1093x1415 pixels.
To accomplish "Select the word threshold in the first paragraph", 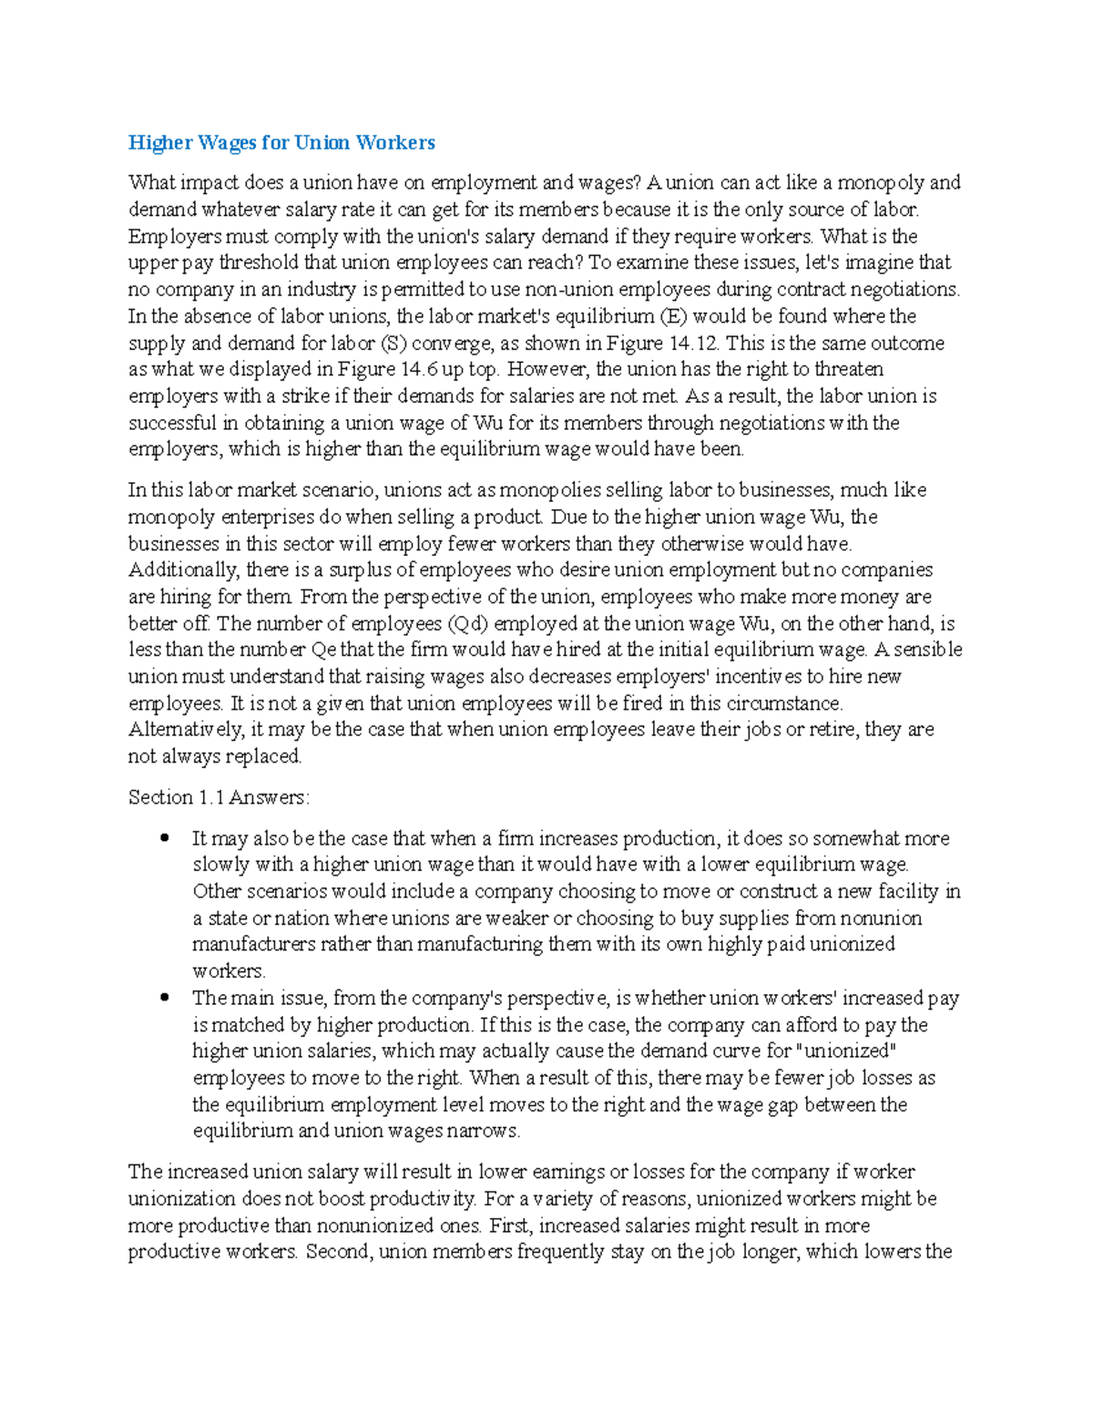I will (x=260, y=263).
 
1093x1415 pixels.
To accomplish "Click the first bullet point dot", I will (x=164, y=838).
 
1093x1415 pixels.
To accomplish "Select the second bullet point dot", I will (x=164, y=998).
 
